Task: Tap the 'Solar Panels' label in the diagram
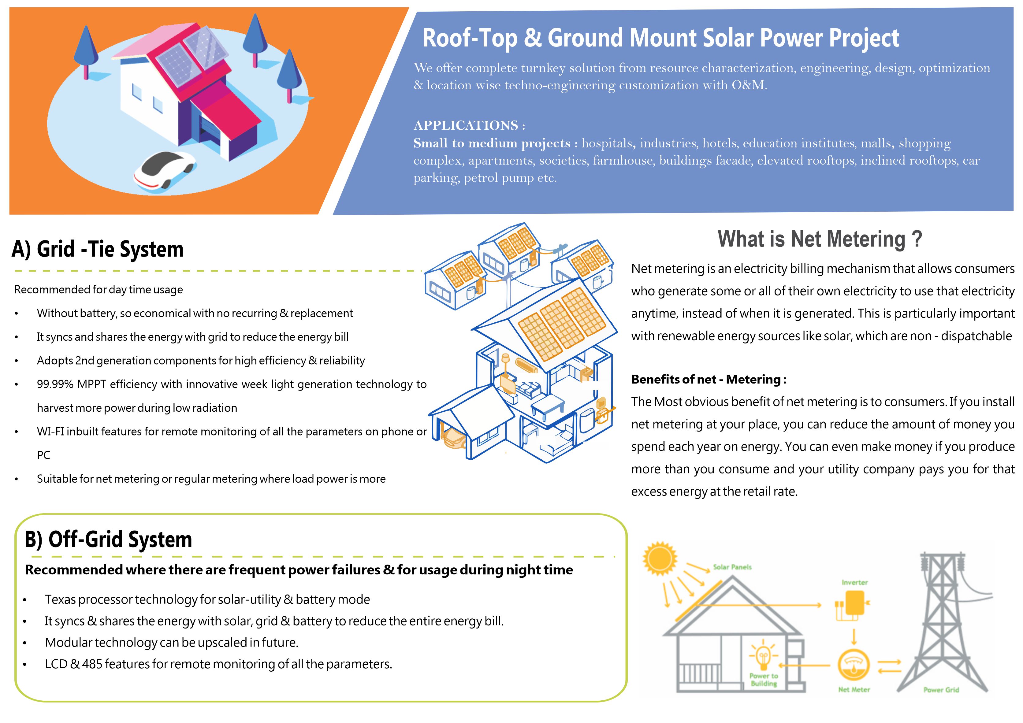click(x=732, y=567)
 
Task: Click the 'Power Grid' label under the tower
click(x=941, y=690)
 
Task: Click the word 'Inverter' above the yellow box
click(x=854, y=582)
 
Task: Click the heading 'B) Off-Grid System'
click(x=108, y=539)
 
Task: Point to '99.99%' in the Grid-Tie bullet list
click(x=55, y=384)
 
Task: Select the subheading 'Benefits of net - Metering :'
click(x=709, y=380)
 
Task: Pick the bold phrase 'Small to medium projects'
click(x=491, y=143)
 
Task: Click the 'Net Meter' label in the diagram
click(x=854, y=690)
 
